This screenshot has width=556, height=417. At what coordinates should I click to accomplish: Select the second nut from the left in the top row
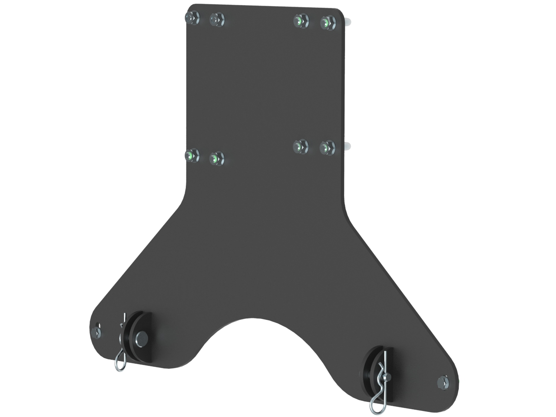(216, 19)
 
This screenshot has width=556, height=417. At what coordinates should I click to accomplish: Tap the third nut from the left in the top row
(300, 20)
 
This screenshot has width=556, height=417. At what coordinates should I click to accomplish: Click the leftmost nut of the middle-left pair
(191, 155)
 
